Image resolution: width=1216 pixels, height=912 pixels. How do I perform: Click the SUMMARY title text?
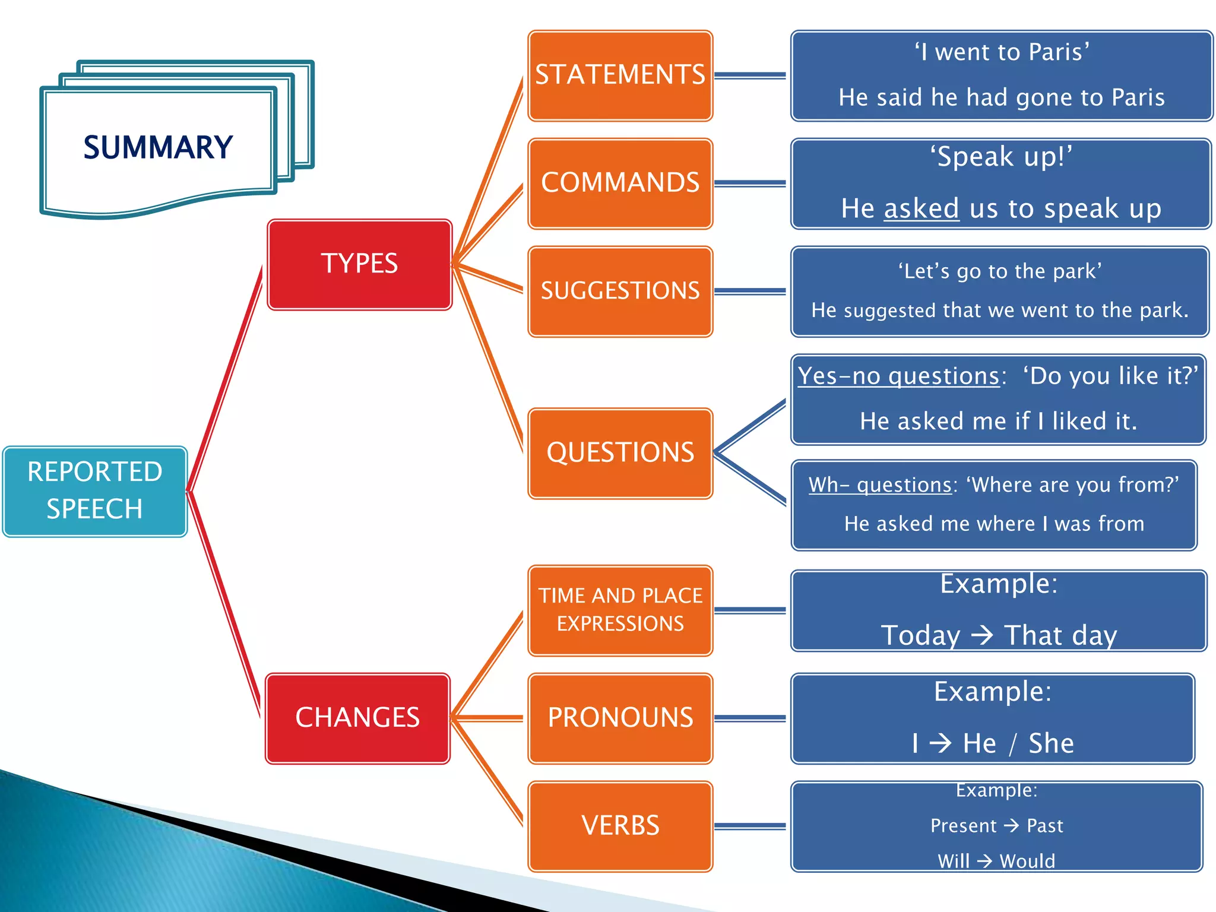pos(158,147)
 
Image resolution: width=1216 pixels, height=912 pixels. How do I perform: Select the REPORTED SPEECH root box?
pos(95,491)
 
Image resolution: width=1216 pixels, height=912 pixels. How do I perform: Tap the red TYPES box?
pos(359,264)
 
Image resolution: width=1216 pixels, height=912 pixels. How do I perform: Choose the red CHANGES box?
pos(357,718)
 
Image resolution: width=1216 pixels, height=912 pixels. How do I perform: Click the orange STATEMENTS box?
pos(620,75)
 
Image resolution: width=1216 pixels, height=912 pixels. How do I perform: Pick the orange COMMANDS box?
pos(620,183)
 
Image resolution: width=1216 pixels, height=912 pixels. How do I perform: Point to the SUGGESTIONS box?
pos(620,291)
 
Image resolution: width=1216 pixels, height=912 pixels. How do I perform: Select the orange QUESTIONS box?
pos(620,452)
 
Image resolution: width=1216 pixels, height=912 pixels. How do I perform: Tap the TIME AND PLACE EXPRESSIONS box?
pos(620,610)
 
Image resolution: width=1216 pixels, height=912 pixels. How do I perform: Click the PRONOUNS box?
pos(620,718)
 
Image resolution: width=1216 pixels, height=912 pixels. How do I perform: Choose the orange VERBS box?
pos(620,826)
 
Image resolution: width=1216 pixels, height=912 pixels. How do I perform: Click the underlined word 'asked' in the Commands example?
pos(921,209)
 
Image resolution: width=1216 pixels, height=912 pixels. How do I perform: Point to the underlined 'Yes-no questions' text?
pos(898,376)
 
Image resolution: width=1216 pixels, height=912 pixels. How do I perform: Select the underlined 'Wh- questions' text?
pos(880,485)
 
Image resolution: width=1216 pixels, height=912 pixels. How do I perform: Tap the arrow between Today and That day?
pos(982,635)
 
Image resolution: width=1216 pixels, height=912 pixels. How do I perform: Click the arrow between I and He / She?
pos(940,743)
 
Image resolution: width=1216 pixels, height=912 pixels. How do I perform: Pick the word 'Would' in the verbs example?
pos(1027,861)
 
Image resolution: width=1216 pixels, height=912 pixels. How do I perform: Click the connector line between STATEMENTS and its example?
pos(750,75)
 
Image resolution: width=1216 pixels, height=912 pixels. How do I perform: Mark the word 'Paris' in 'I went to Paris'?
pos(1056,52)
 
